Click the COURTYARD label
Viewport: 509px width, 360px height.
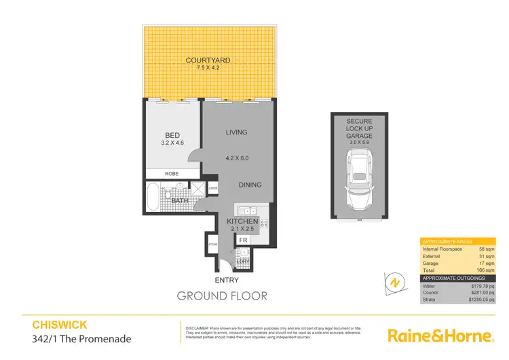208,60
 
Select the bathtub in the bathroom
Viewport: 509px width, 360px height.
152,198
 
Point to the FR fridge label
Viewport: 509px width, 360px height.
242,239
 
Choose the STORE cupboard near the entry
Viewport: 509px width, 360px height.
212,244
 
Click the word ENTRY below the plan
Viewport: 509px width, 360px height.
227,279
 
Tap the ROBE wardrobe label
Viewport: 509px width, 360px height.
172,174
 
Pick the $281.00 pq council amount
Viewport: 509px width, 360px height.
480,293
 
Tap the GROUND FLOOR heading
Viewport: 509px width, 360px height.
222,295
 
